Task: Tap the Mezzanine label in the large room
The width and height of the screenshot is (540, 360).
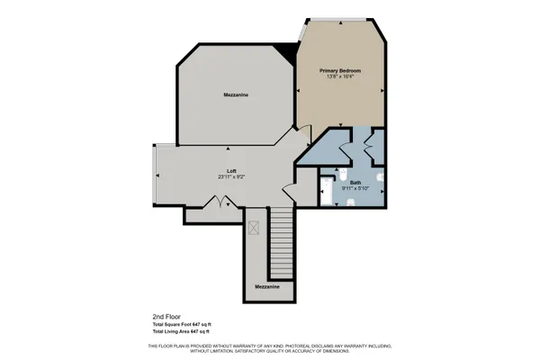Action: pyautogui.click(x=236, y=94)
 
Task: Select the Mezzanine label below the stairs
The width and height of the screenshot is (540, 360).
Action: pyautogui.click(x=266, y=286)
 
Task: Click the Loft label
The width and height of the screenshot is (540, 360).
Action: pyautogui.click(x=231, y=170)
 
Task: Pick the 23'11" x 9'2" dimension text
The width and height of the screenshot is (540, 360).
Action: pyautogui.click(x=231, y=177)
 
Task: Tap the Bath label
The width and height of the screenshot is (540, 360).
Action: pyautogui.click(x=342, y=181)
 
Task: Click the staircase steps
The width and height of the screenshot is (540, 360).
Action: pyautogui.click(x=283, y=243)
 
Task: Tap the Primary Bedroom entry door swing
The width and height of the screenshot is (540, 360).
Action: pyautogui.click(x=302, y=135)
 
